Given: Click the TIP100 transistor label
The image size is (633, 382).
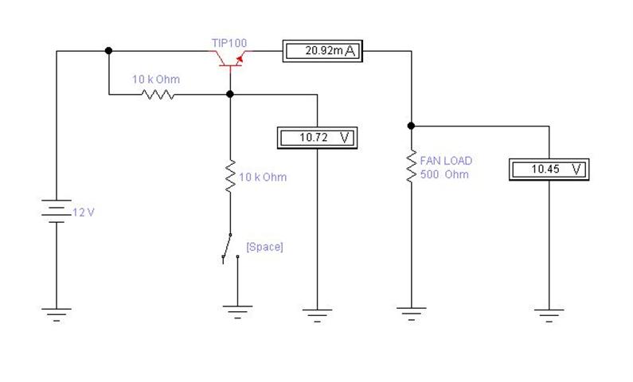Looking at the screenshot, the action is point(229,43).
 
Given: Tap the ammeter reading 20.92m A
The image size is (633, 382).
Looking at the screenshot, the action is point(322,51).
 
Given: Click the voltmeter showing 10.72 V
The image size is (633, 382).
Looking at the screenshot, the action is point(318,138).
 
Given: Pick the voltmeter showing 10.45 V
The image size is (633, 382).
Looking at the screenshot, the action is point(549,170).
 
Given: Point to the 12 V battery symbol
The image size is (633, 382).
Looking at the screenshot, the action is point(57,211).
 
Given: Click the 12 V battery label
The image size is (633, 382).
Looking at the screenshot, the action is point(84,212).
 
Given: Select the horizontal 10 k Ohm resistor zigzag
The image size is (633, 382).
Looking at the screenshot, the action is point(158,95).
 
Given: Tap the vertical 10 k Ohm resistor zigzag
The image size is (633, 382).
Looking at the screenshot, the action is point(231,176).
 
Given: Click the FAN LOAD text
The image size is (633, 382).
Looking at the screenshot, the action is point(446,161).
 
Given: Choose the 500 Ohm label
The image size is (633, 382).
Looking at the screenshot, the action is point(444,174).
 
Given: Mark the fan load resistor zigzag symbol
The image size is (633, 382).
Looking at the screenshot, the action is point(412,166).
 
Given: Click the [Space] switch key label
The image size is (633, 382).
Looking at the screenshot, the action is point(265,247).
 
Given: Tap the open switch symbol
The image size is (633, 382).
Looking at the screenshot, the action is point(229,248).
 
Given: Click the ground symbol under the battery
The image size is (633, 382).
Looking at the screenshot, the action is point(57,314).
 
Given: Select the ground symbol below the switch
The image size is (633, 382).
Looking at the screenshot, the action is point(237,312).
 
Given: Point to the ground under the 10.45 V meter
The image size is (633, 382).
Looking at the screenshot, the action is point(549,315).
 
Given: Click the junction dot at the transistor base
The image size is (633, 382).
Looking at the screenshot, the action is point(230,95).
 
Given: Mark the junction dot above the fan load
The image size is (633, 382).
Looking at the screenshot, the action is point(412,126).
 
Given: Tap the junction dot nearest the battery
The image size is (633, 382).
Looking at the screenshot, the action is point(108,51).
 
